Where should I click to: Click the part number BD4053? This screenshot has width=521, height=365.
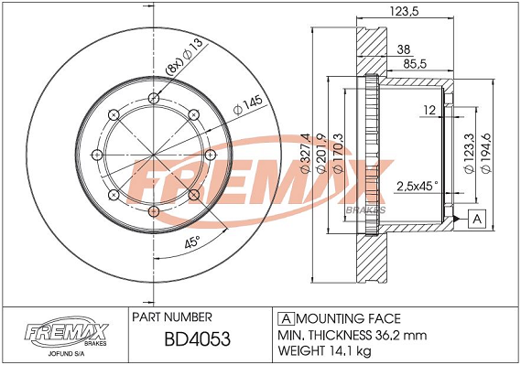pos(198,339)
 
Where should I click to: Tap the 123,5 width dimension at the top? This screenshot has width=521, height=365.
pos(404,11)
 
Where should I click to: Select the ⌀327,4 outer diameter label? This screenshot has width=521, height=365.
pos(305,153)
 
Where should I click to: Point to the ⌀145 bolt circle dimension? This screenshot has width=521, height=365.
pos(248,105)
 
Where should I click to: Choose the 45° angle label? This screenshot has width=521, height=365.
pos(192,242)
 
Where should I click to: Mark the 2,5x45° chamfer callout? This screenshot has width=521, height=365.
pos(418,186)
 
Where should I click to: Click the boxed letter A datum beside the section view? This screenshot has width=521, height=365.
pos(477,219)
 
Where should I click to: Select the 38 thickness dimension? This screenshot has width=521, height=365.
pos(404,49)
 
